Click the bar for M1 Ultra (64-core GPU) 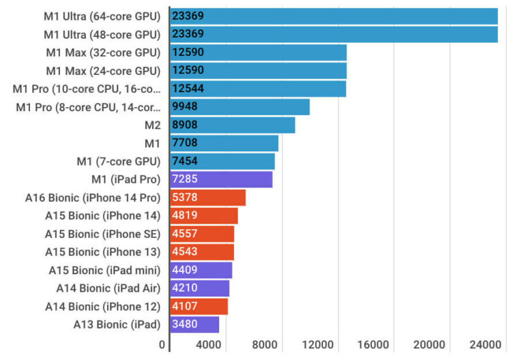pos(334,16)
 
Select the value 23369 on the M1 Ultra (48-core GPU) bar pos(188,34)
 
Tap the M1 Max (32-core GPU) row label pos(102,52)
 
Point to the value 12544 pos(188,89)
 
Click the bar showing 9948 pos(239,107)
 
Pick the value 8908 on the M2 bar pos(186,125)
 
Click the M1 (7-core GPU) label pos(118,162)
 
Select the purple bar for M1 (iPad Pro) pos(221,179)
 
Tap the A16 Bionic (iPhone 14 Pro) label pos(92,198)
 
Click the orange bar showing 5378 pos(207,198)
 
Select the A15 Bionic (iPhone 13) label pos(102,252)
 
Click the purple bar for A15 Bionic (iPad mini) pos(201,270)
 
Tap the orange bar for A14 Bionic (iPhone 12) pos(199,307)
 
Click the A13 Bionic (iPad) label pos(117,325)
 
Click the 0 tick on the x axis pos(162,345)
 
